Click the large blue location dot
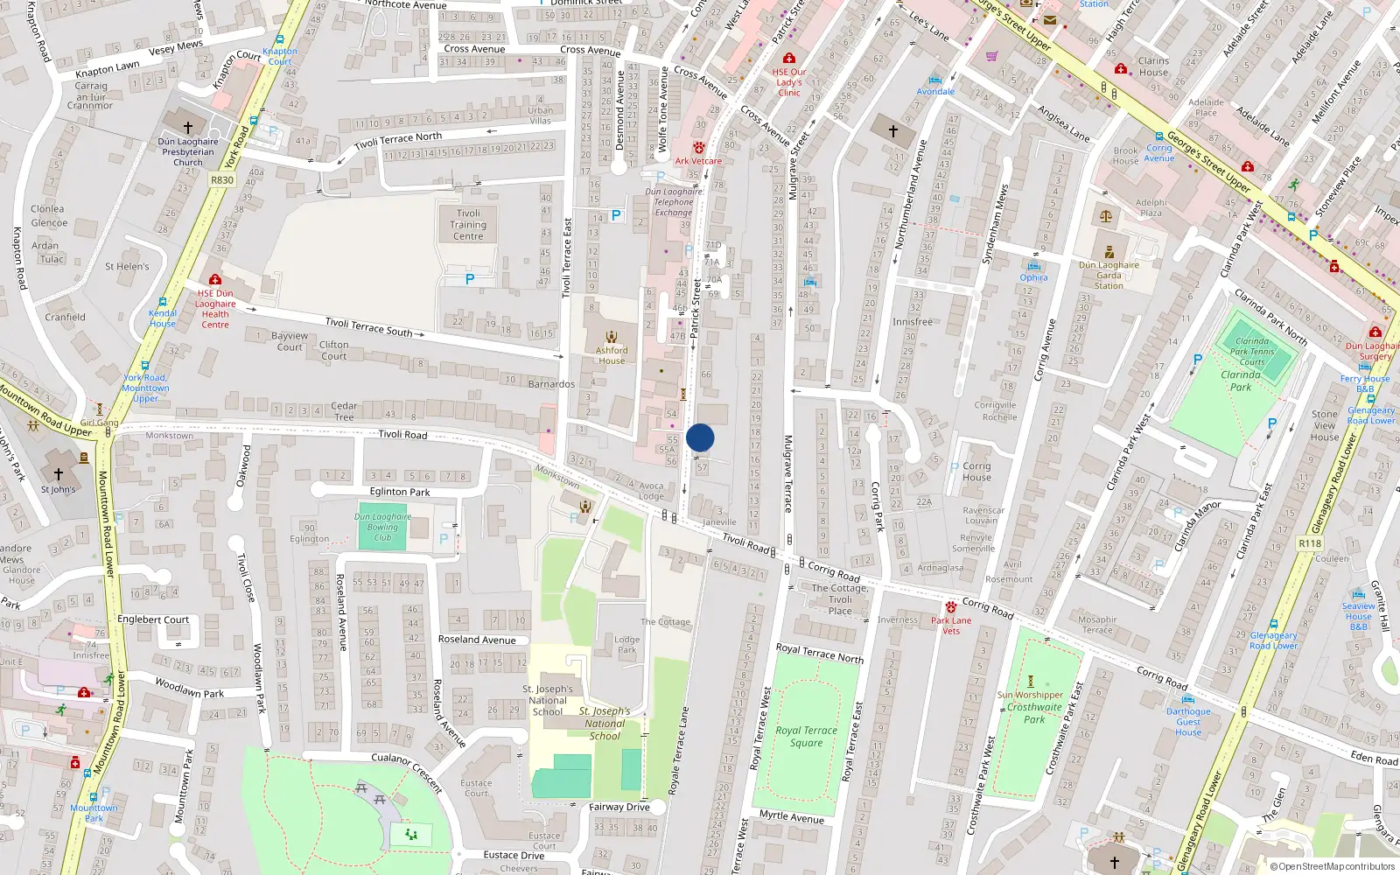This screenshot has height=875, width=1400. [x=700, y=437]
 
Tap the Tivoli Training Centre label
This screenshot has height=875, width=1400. [x=468, y=225]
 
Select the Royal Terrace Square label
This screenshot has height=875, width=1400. [x=806, y=736]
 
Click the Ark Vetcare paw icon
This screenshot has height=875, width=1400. [x=699, y=148]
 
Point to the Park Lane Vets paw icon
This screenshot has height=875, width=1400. [x=951, y=607]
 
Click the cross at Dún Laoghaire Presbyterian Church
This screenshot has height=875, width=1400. [x=187, y=128]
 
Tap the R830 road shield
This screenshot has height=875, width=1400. [x=222, y=180]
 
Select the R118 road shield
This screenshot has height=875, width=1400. [x=1310, y=543]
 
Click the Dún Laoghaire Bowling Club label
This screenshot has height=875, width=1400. [x=382, y=527]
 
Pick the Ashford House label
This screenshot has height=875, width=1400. [x=612, y=355]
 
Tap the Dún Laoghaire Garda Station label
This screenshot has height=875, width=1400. [x=1109, y=275]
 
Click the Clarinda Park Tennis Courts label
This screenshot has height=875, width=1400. [x=1252, y=352]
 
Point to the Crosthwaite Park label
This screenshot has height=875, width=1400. [x=1034, y=713]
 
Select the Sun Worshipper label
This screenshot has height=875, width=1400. [x=1030, y=695]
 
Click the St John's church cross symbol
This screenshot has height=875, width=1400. [x=59, y=473]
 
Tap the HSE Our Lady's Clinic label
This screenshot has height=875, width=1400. [x=789, y=82]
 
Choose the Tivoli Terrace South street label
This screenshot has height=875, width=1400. [x=368, y=327]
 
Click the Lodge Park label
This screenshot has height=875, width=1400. [x=627, y=645]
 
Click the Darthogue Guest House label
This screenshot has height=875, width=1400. [x=1188, y=722]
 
